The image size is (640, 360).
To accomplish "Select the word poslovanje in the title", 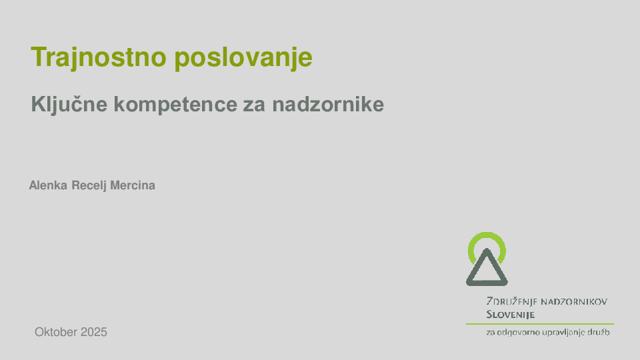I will point(243,58).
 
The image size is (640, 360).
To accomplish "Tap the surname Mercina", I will point(133,185).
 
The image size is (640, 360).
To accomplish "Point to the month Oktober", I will point(56,332).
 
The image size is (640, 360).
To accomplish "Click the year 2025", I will point(94,332).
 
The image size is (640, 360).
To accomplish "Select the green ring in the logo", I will point(487,237).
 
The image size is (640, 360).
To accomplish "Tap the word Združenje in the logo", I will point(511,301).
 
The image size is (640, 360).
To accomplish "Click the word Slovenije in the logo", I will point(511,314).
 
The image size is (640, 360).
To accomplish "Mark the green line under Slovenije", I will point(539,324).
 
